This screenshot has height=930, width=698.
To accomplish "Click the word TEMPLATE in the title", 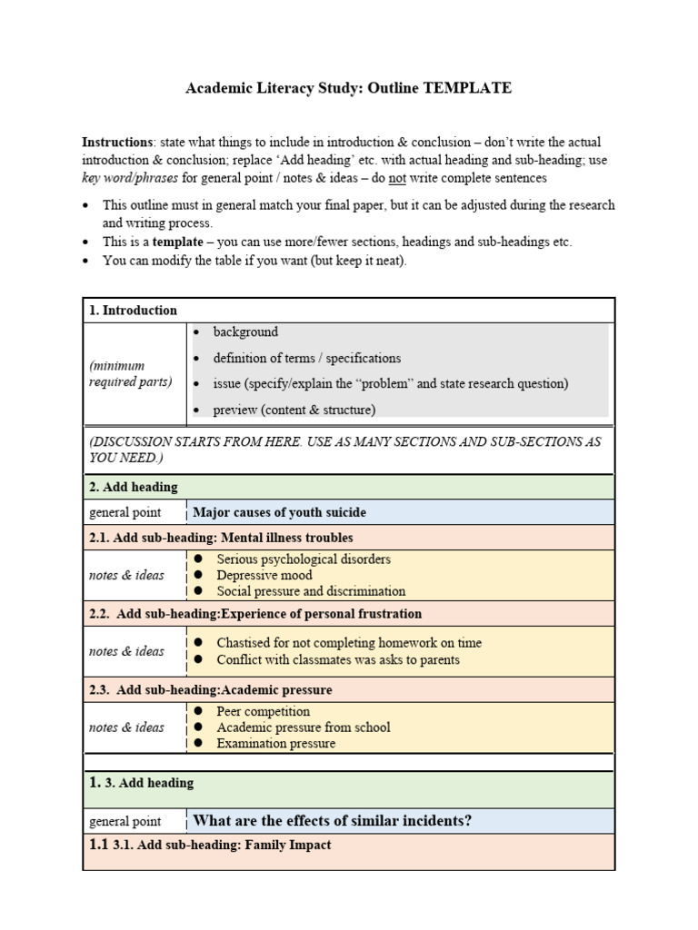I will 466,88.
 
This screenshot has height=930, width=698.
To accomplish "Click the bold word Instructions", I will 117,143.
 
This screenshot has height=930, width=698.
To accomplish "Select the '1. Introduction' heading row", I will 133,310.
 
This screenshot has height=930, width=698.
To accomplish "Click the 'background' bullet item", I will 245,332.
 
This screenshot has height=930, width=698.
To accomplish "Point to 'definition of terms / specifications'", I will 306,358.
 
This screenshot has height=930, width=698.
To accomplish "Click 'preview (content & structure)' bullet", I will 294,410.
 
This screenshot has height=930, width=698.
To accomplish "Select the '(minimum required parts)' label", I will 130,373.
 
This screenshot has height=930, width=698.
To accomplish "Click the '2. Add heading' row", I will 134,487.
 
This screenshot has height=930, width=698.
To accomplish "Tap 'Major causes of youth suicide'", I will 279,512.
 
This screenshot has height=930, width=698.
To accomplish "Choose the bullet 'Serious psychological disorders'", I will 304,559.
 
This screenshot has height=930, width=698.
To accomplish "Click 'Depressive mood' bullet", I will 264,575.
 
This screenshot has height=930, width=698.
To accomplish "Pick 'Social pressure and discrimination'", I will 311,591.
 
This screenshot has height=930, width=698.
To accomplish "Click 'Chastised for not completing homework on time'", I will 349,642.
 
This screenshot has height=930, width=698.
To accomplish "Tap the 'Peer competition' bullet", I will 263,711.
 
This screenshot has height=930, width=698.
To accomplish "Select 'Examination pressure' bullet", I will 275,743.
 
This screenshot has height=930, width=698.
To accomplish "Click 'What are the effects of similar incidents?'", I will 332,821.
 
